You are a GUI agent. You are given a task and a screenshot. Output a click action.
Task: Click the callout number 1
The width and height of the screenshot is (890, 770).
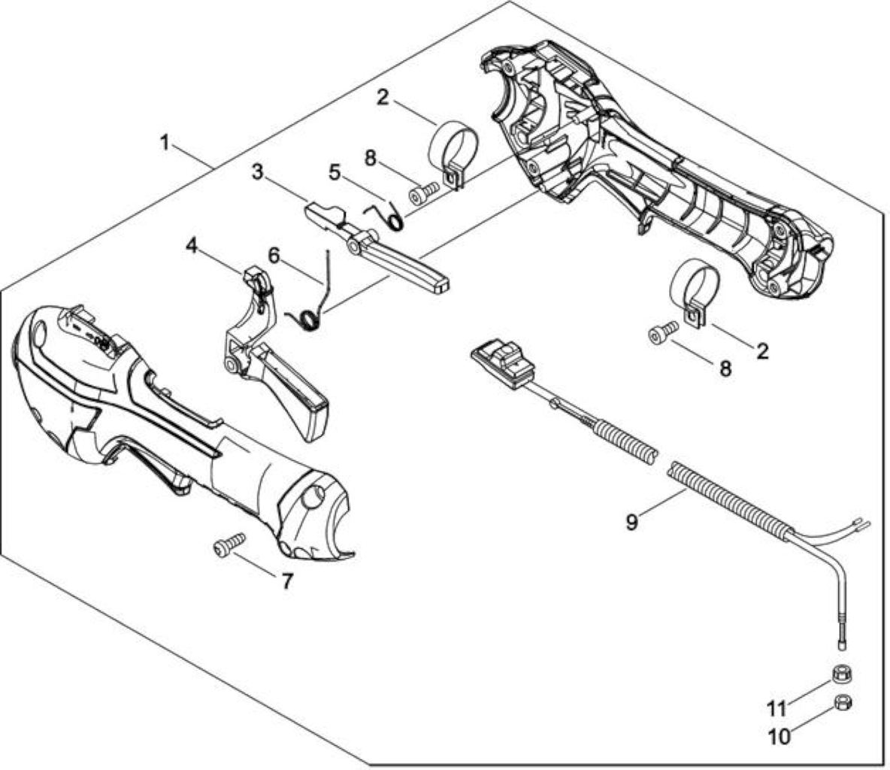click(x=164, y=142)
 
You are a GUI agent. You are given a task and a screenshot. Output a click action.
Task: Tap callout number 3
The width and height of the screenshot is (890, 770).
click(x=258, y=172)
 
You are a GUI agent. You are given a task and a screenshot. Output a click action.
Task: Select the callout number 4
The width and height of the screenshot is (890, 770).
click(x=192, y=247)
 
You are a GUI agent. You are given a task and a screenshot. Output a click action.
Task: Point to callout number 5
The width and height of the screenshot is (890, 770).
click(x=335, y=172)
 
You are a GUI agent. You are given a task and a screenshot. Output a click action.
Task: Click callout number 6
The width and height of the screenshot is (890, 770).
click(x=274, y=256)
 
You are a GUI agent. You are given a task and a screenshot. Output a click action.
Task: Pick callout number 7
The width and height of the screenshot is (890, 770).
click(x=287, y=581)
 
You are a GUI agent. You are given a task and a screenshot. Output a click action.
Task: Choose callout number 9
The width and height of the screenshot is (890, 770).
click(x=631, y=521)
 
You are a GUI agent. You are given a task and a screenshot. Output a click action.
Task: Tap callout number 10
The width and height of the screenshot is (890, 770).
click(x=779, y=737)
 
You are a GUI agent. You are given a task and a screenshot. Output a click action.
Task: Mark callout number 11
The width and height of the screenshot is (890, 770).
click(x=776, y=708)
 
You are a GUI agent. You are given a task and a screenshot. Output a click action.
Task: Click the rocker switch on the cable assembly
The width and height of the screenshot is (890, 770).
click(x=503, y=363)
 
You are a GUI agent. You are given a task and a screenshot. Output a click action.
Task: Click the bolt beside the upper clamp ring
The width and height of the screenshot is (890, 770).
click(x=423, y=191)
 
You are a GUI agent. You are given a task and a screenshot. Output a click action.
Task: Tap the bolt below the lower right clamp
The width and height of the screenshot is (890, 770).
click(x=664, y=332)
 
